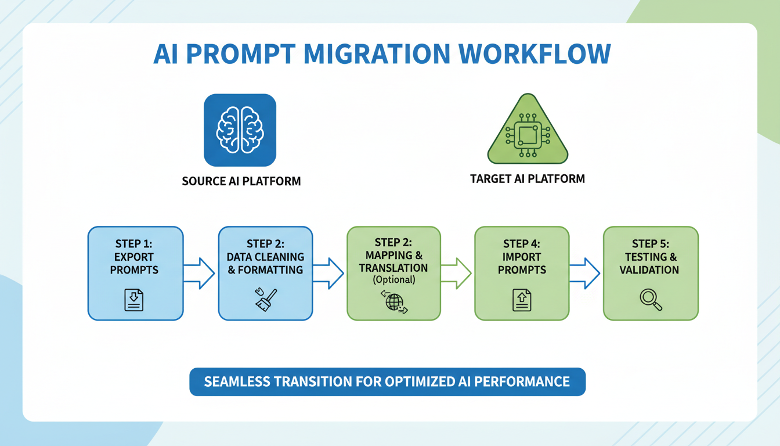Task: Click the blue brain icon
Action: coord(240,130)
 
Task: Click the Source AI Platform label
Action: coord(241,181)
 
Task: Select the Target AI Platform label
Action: coord(527,179)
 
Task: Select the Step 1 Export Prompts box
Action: coord(135,273)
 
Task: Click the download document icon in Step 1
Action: coord(134,300)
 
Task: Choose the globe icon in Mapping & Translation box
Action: coord(394,302)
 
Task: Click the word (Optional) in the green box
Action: coord(394,280)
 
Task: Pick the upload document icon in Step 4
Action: coord(521,301)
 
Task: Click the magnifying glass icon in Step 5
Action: coord(650,300)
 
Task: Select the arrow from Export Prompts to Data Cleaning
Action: coord(200,273)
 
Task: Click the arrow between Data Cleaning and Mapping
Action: coord(329,273)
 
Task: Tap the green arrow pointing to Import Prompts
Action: coord(457,273)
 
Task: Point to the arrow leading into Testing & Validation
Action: coord(585,273)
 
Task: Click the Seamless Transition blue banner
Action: coord(387,382)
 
